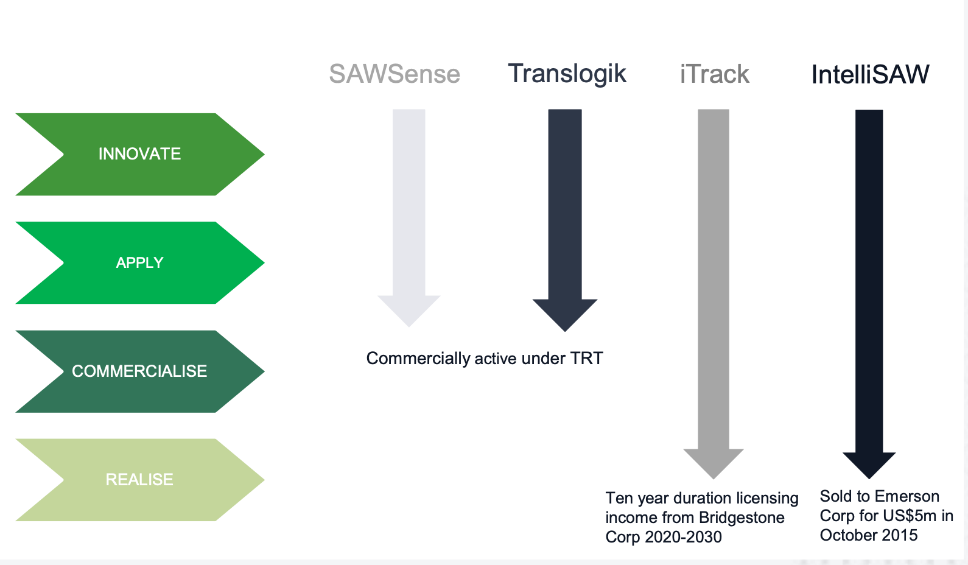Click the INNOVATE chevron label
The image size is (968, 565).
pos(139,154)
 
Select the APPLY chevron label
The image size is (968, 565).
pos(139,262)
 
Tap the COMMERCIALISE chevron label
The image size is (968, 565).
pos(139,371)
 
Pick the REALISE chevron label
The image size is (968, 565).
pos(139,480)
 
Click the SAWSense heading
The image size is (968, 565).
pos(395,74)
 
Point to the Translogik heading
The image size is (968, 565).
pos(567,74)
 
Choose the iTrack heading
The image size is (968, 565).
pos(714,74)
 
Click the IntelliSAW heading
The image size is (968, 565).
pos(870,75)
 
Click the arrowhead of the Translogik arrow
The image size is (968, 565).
pos(565,313)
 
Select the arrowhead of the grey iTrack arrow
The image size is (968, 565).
pos(714,462)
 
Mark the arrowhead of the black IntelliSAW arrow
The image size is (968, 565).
pos(869,464)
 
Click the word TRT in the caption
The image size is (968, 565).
pos(586,359)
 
